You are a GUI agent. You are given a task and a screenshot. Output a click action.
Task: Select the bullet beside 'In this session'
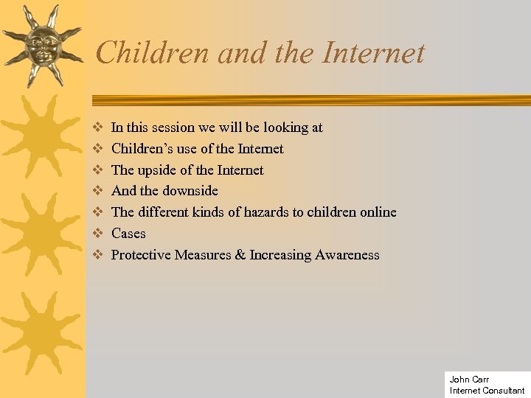tap(96, 128)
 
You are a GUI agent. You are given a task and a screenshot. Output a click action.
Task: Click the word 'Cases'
tap(128, 234)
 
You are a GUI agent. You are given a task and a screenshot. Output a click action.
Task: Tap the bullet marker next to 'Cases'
tap(96, 234)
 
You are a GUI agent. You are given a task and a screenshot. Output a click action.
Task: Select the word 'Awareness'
tap(347, 255)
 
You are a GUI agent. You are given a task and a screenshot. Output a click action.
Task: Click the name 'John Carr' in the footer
tap(469, 380)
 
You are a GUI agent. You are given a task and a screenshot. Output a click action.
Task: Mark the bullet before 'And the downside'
tap(96, 191)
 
